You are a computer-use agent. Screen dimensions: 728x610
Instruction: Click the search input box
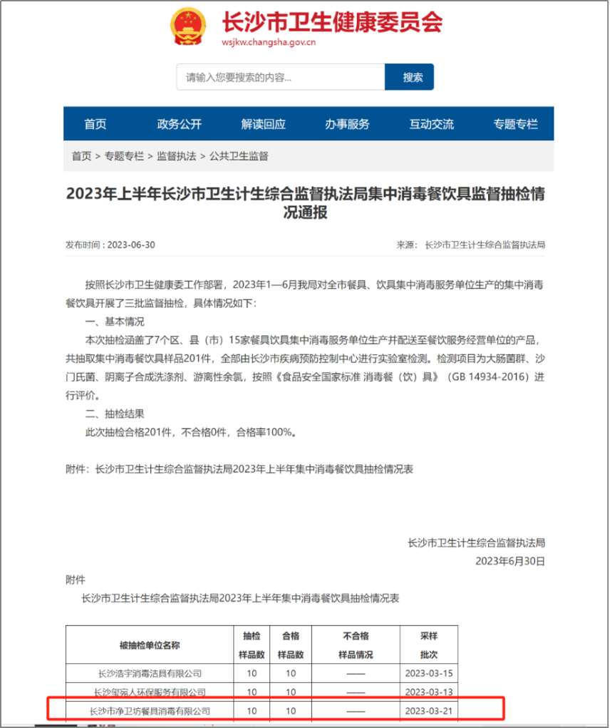280,77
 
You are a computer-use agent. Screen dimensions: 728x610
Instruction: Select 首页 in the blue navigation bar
95,124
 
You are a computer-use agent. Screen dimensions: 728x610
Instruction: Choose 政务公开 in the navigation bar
180,124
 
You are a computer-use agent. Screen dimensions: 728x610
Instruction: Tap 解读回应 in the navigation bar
264,124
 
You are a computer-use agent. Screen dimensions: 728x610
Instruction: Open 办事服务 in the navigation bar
348,124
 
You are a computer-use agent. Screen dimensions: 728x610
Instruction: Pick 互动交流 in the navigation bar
431,124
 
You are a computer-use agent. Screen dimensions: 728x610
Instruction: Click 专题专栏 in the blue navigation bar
515,124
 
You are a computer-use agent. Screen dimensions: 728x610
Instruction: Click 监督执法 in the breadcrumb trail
177,156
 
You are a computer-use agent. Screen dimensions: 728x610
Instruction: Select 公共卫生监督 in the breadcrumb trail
239,156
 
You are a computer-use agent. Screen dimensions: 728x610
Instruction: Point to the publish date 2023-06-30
131,245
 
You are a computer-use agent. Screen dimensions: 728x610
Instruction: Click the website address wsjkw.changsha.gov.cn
269,42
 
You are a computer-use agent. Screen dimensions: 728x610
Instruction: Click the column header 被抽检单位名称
150,645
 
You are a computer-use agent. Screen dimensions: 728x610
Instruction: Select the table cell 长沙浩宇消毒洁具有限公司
150,673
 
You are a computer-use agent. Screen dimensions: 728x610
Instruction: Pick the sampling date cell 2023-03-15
428,673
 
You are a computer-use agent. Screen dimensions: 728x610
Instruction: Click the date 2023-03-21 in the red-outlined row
428,711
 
